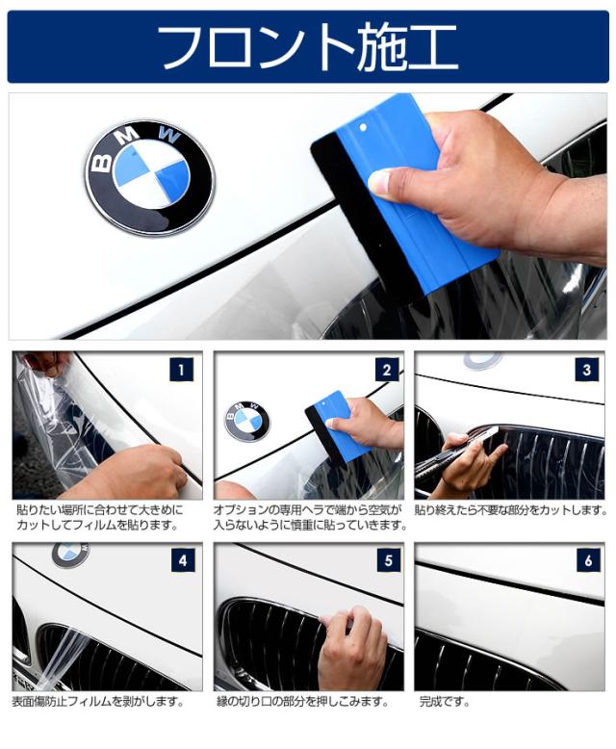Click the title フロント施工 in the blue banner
[308, 48]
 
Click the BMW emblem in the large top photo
[150, 177]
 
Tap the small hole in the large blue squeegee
[363, 127]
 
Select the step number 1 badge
[182, 370]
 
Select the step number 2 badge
[386, 370]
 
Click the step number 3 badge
[587, 370]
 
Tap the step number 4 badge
[183, 560]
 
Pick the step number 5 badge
[388, 560]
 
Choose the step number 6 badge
[588, 560]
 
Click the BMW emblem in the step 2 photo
[246, 421]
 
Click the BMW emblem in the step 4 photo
[70, 555]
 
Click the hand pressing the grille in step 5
[352, 647]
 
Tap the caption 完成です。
[445, 702]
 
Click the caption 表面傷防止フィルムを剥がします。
[98, 702]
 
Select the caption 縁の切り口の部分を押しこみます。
[302, 702]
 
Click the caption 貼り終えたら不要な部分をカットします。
[510, 510]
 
